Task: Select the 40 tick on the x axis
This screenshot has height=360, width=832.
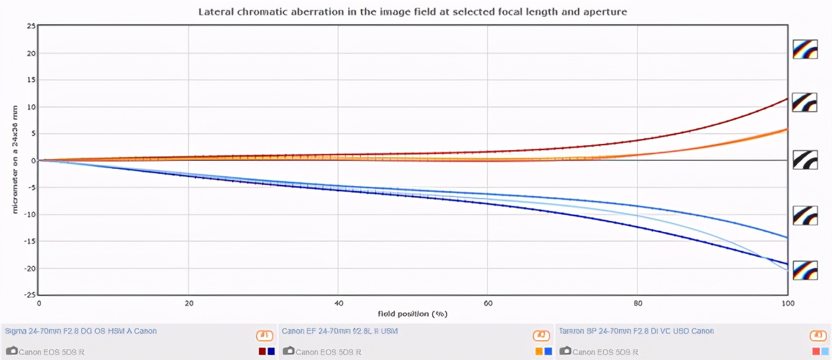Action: [x=338, y=304]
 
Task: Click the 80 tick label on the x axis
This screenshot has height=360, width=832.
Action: [x=638, y=304]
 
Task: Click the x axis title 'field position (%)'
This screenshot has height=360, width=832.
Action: [x=413, y=313]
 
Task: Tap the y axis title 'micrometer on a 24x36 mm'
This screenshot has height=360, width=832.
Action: [x=15, y=160]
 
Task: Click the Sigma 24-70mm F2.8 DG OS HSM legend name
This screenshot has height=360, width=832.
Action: [x=80, y=331]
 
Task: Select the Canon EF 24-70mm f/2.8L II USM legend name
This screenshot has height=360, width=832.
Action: [x=340, y=331]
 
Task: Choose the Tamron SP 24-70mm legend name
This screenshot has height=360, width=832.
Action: [x=636, y=331]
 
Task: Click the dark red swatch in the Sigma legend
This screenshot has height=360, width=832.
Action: [x=262, y=351]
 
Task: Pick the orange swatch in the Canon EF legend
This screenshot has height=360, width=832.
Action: [x=539, y=351]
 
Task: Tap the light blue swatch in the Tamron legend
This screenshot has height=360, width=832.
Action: [x=825, y=351]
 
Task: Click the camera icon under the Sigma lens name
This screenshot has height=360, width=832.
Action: [x=11, y=351]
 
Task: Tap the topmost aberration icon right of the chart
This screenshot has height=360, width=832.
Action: [x=805, y=49]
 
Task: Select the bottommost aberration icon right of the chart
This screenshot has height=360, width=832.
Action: [x=805, y=270]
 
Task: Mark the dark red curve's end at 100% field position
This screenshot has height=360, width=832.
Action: [x=787, y=99]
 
